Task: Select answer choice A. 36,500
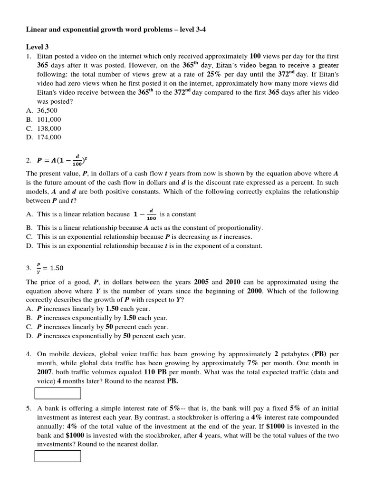(x=44, y=111)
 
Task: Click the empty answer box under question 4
(x=58, y=393)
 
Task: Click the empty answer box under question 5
(x=58, y=456)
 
